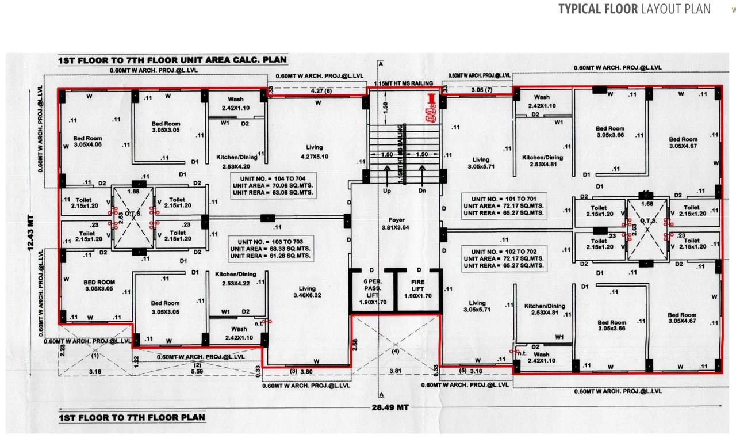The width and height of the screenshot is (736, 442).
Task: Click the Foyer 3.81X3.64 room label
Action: click(x=394, y=223)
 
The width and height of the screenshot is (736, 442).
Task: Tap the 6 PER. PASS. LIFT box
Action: click(x=366, y=291)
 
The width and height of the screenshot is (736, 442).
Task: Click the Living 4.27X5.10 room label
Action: click(x=314, y=151)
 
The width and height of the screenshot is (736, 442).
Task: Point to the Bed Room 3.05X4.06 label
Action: click(x=87, y=142)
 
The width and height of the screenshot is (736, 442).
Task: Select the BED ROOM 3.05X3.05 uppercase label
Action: click(x=99, y=285)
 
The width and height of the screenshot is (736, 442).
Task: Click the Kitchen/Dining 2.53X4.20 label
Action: click(x=236, y=162)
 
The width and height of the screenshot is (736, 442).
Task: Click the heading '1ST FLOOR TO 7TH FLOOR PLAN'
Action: click(x=132, y=417)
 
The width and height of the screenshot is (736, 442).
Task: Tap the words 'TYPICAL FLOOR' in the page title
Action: click(x=597, y=9)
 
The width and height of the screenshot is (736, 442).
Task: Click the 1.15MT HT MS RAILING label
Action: click(x=402, y=83)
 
